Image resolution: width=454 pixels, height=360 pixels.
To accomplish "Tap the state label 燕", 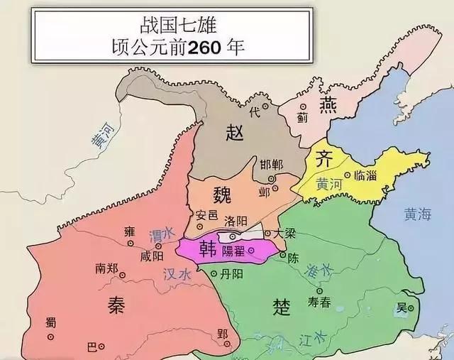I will coord(328,105).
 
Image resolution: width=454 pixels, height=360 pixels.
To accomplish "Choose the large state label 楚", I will coord(281,305).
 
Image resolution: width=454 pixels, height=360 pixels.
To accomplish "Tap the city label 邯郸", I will coord(271,165).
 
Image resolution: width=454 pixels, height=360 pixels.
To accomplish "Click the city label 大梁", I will coord(285,231).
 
